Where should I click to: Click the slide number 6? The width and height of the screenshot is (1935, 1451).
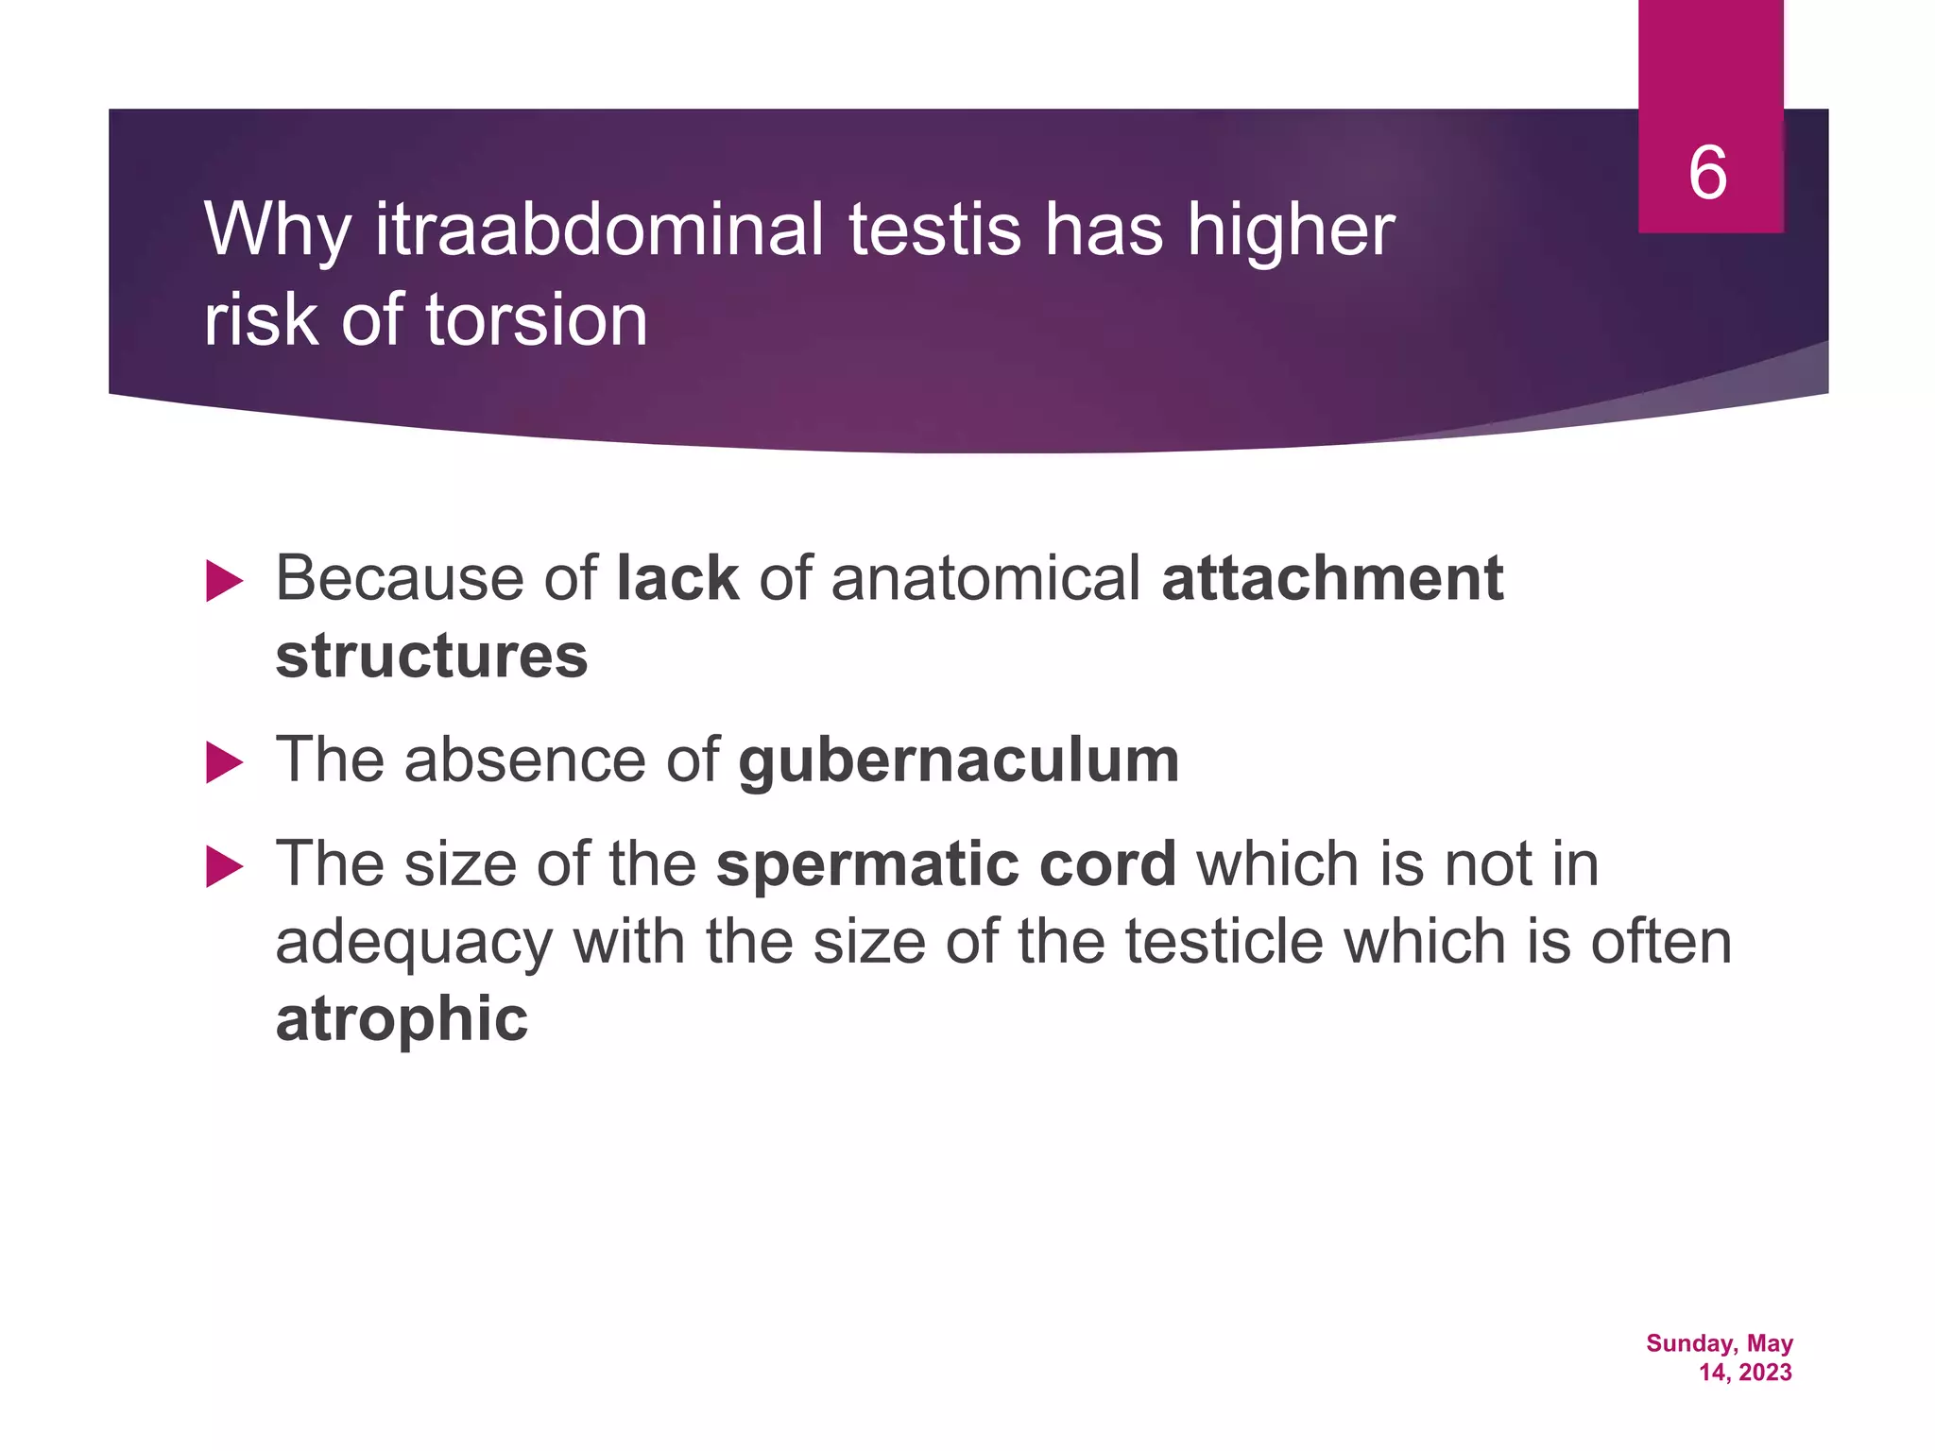click(x=1707, y=173)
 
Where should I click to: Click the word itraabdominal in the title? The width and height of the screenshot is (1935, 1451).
click(x=600, y=230)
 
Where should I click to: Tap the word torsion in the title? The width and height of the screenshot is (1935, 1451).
click(x=536, y=320)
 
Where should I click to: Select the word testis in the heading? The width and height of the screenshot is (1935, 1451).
click(x=934, y=230)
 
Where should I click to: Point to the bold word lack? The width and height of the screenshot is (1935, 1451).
click(x=676, y=578)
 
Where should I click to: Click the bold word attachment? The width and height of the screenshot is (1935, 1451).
click(x=1332, y=578)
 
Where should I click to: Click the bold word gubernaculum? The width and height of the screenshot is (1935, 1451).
click(x=958, y=760)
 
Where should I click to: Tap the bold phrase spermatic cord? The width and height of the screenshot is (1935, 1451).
click(x=946, y=864)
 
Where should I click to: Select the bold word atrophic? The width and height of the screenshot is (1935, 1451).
click(x=402, y=1019)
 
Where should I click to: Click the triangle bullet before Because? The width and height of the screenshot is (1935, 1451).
click(x=224, y=581)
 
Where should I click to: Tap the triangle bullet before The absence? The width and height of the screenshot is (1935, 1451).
click(x=224, y=762)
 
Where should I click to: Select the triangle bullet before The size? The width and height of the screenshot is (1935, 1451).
click(x=224, y=866)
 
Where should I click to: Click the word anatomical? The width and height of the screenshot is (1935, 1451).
click(x=985, y=578)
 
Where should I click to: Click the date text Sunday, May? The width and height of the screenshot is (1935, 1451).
click(x=1719, y=1343)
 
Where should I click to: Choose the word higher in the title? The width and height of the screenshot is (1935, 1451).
click(x=1290, y=230)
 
